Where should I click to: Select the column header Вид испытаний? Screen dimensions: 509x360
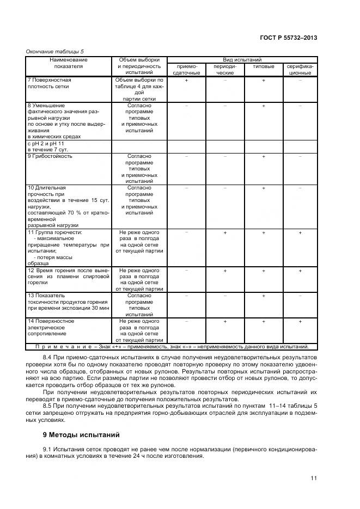point(242,59)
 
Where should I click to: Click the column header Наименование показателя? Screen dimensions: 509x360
point(69,63)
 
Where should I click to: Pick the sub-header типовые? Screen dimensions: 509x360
point(263,66)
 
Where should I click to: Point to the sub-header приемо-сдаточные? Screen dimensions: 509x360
point(186,69)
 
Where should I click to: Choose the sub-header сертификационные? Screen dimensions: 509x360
point(300,69)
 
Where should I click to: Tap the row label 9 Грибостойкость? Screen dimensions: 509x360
point(50,156)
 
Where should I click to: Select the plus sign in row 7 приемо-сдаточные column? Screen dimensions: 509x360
point(186,80)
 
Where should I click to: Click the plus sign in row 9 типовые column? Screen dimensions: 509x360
point(263,156)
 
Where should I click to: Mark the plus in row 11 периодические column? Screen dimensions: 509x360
point(225,233)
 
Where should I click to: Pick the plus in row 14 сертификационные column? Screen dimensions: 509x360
point(300,322)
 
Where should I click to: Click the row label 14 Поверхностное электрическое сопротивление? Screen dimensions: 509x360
point(51,328)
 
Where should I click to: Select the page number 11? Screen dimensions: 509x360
point(314,478)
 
